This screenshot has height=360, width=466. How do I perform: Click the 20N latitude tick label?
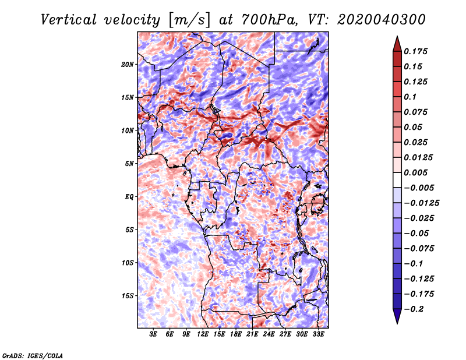[128, 65]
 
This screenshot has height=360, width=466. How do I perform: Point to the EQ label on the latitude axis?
[129, 197]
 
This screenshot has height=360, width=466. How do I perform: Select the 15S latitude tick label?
[128, 296]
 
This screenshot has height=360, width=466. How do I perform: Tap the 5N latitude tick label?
[129, 164]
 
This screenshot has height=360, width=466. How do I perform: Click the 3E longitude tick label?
[153, 334]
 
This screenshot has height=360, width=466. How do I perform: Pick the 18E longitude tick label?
[236, 334]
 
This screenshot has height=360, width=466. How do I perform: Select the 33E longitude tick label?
[318, 334]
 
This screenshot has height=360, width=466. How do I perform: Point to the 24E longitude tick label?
[269, 334]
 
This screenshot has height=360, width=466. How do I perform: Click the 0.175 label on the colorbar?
[416, 51]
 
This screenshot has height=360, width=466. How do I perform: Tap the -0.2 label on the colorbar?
[414, 309]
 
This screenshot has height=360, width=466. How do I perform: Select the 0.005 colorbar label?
[416, 172]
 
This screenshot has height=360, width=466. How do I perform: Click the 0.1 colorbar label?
[411, 97]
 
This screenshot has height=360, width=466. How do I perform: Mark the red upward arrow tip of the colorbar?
[397, 36]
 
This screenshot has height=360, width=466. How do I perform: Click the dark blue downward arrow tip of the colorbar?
[397, 324]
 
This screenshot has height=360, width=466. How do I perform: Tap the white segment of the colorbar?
[397, 180]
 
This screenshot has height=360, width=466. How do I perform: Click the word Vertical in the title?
[69, 20]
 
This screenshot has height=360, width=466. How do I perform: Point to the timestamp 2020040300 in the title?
[382, 20]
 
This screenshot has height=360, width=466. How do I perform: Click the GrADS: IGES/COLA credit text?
[33, 356]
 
